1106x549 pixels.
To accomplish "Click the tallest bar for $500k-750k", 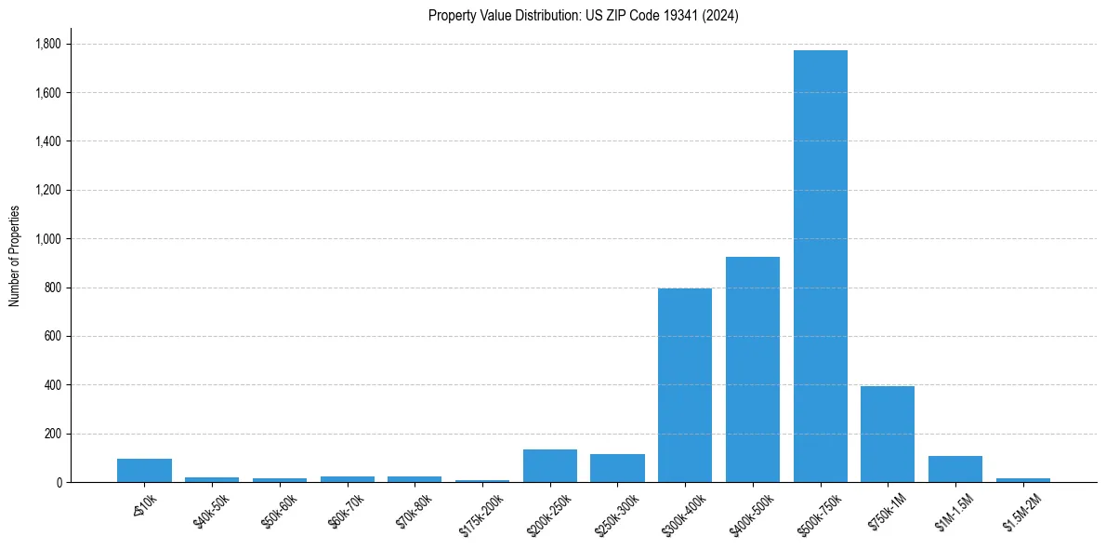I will point(820,266).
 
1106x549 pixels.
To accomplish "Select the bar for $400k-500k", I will point(752,369).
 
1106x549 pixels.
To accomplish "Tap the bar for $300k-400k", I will point(685,385).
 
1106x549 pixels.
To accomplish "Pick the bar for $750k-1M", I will point(888,434).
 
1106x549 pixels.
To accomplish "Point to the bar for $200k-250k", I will point(550,466).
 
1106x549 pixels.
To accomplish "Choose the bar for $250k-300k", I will point(617,468).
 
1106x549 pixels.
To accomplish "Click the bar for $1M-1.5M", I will point(955,469).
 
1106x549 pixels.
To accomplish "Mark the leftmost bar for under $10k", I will point(144,471).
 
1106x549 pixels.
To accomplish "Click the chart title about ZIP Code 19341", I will point(583,16).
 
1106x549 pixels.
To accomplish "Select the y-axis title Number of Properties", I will point(15,256).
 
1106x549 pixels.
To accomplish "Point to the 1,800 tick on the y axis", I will point(47,44).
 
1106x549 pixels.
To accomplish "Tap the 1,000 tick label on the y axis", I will point(47,239).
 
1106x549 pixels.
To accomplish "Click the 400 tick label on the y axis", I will point(53,385).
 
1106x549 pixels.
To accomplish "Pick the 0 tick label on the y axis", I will point(59,482).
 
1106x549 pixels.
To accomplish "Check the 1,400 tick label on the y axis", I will point(47,141).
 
